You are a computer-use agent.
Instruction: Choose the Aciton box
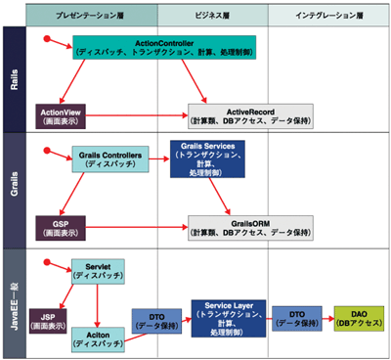tap(98, 337)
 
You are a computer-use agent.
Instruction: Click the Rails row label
tap(14, 79)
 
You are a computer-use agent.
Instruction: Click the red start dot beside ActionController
tap(46, 39)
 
